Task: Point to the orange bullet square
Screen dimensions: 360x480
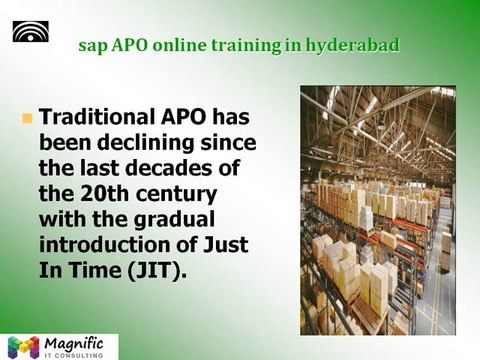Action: (x=27, y=119)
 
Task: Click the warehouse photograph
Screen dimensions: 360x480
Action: (x=376, y=210)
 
